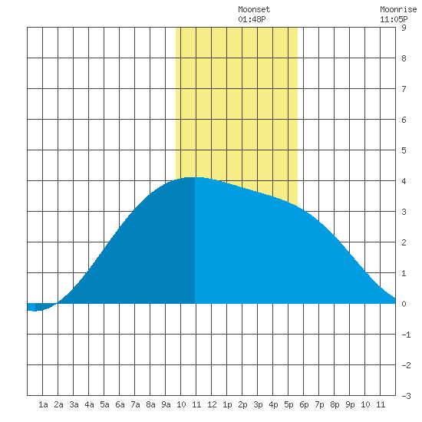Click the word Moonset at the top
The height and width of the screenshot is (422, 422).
click(254, 9)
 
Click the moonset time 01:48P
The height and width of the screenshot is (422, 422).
click(252, 19)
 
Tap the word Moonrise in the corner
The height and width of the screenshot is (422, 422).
click(398, 9)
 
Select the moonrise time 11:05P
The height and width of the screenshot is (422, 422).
click(394, 19)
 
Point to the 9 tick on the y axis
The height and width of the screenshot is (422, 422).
click(404, 28)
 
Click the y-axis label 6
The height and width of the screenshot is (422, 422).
click(404, 120)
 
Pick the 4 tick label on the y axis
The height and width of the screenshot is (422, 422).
click(404, 181)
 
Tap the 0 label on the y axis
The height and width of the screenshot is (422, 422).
click(404, 304)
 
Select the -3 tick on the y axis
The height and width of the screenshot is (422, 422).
click(406, 396)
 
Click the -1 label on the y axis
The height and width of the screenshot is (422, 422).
click(406, 335)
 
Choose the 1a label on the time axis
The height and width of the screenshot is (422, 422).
click(43, 404)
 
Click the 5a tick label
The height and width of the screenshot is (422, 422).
click(104, 404)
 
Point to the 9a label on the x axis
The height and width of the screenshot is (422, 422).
click(166, 404)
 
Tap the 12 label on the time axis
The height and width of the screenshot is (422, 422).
click(212, 404)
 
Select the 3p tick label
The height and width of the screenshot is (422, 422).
click(258, 404)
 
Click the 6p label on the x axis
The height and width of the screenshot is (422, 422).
click(304, 404)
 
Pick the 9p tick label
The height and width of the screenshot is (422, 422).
click(350, 404)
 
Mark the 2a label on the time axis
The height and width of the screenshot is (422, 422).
click(58, 404)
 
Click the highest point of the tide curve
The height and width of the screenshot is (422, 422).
click(194, 177)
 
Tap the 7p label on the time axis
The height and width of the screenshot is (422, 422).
click(319, 404)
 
